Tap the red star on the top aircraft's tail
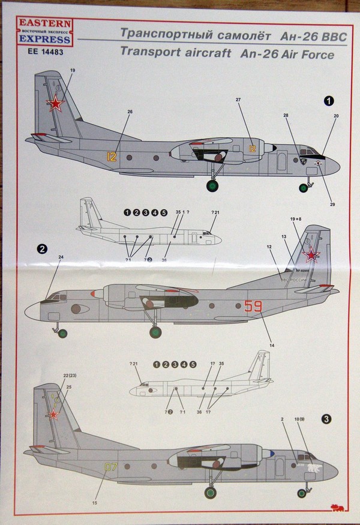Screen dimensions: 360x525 pos(56,106)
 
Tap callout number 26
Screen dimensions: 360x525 pos(130,112)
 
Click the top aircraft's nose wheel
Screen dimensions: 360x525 pos(304,187)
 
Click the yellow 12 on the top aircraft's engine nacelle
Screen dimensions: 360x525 pos(253,148)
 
